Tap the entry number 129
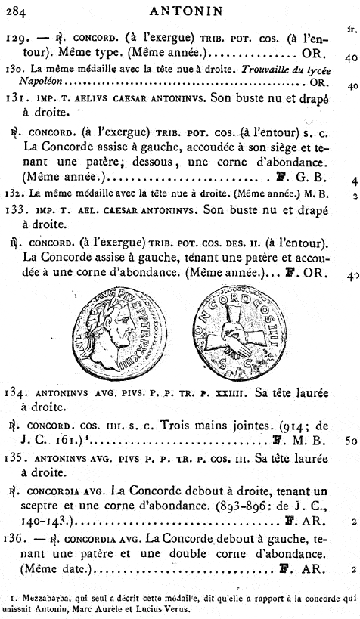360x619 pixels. (15, 36)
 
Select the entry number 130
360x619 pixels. (14, 68)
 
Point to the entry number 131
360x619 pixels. (15, 100)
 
